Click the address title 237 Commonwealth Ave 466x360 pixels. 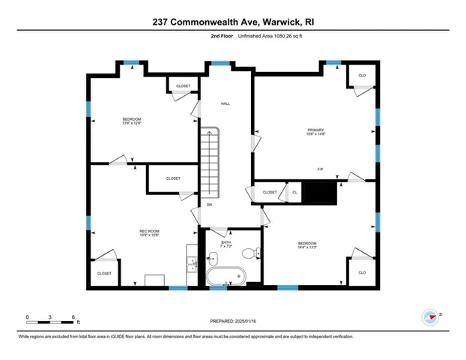pos(232,21)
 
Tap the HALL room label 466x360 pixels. pos(225,103)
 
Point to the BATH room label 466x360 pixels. pos(226,242)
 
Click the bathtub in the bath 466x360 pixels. pos(226,277)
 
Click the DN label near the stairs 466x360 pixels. pos(209,205)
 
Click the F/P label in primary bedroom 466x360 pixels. pos(321,169)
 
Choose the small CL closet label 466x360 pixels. pos(294,193)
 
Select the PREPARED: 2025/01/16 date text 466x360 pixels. pos(233,322)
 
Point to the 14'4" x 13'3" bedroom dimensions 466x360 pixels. pos(307,247)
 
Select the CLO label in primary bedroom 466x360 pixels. pos(361,76)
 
